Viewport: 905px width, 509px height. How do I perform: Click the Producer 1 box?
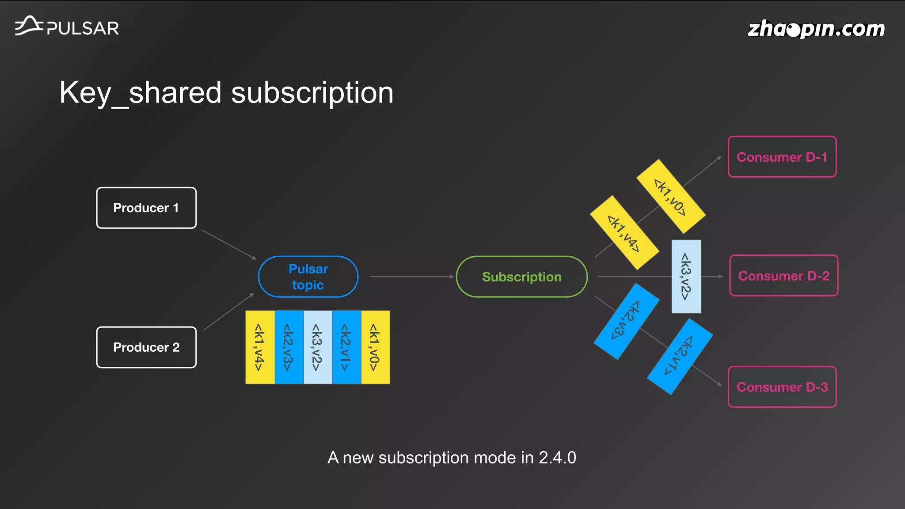coord(146,208)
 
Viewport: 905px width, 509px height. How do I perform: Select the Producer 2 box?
coord(146,347)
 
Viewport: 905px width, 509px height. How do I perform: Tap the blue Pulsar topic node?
coord(308,277)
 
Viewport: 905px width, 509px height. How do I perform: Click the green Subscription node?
coord(521,277)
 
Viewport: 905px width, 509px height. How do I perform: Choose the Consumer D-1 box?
coord(782,157)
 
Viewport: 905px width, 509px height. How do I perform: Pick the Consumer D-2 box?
coord(783,276)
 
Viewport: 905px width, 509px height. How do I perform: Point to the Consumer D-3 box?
coord(782,387)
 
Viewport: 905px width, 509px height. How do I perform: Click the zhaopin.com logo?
coord(816,29)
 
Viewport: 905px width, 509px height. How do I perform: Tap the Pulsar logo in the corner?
coord(67,27)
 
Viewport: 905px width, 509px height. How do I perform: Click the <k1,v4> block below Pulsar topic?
coord(260,347)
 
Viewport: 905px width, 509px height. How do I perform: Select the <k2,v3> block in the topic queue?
coord(289,347)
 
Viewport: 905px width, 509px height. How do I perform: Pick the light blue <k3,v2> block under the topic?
coord(318,347)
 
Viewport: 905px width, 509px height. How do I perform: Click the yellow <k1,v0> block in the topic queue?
coord(375,347)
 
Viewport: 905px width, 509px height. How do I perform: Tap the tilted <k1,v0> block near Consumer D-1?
coord(670,197)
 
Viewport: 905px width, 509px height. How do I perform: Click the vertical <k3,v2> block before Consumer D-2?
coord(686,277)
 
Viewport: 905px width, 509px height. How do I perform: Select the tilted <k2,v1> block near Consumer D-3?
coord(679,357)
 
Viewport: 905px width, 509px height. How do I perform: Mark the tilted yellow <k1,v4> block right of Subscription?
coord(624,233)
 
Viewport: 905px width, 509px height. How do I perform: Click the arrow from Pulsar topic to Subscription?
coord(411,277)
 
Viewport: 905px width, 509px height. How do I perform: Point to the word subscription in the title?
coord(312,93)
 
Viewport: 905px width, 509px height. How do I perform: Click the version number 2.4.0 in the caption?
coord(557,458)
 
